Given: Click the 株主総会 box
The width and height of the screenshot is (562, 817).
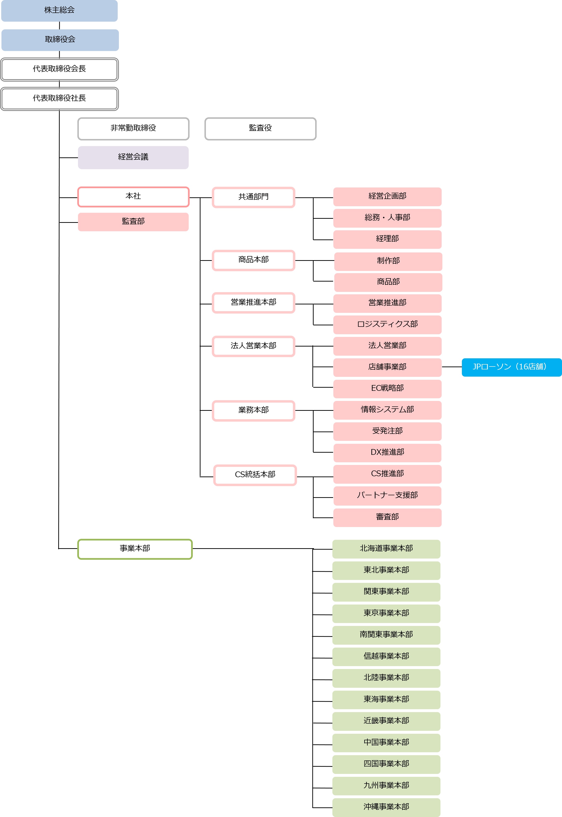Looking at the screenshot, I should (59, 11).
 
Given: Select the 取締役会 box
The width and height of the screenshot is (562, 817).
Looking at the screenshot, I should (60, 40).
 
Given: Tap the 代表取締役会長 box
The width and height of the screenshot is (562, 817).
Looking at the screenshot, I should (59, 69).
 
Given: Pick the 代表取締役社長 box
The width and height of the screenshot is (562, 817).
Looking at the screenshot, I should (59, 99).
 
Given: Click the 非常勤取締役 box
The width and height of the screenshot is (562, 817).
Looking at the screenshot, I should (133, 129).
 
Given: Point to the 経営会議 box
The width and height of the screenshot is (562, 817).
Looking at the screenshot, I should (133, 157).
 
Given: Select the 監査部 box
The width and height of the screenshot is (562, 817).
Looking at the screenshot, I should (133, 222).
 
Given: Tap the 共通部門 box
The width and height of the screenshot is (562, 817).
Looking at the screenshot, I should (253, 197).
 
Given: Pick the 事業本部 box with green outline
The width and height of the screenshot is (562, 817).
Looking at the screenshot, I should (135, 549).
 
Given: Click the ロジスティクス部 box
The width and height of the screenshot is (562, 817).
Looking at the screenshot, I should (387, 325).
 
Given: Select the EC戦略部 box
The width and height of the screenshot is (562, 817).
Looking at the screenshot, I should (387, 389).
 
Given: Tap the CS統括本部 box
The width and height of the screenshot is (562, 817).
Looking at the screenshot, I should (255, 475).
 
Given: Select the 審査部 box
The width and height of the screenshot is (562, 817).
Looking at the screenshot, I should (387, 517).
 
